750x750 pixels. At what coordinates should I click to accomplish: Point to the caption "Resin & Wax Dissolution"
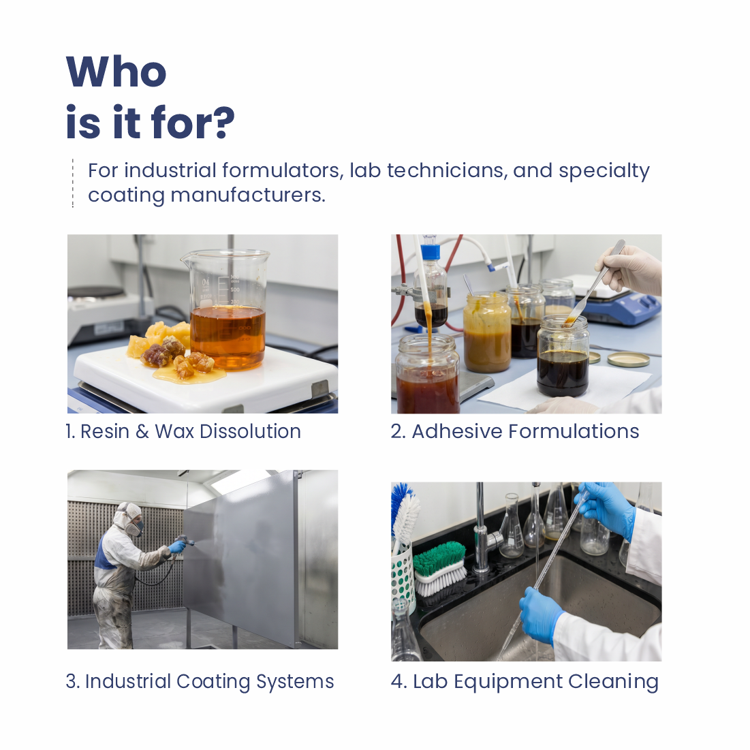(x=190, y=431)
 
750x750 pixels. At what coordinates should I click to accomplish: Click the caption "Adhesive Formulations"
(x=525, y=431)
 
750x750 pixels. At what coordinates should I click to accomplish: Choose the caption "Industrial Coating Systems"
(x=209, y=682)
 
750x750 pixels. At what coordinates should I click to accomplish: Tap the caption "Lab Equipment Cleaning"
(x=535, y=682)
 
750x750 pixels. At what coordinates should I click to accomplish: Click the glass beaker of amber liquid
(x=226, y=311)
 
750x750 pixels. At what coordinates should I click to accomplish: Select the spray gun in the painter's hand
(x=185, y=543)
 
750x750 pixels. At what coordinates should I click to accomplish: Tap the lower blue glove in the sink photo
(x=540, y=616)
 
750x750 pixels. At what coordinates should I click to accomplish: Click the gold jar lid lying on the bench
(x=628, y=359)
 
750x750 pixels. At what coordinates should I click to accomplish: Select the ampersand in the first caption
(x=142, y=431)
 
